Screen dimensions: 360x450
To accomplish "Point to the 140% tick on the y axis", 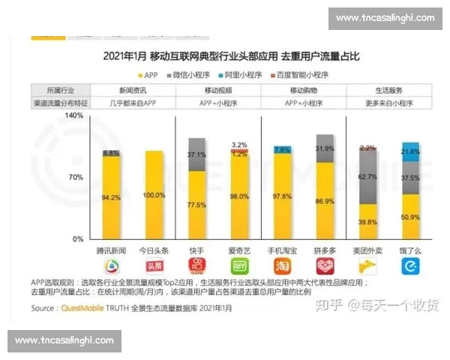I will (73, 116).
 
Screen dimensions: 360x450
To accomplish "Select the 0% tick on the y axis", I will (78, 239).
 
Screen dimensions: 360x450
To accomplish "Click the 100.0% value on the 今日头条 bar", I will (154, 196).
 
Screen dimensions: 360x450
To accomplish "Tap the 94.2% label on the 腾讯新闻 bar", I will (111, 198).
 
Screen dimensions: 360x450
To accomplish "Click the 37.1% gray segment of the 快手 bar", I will (197, 154).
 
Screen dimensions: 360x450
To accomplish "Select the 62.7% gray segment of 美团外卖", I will (367, 177).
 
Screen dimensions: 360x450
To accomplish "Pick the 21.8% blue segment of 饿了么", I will (410, 152).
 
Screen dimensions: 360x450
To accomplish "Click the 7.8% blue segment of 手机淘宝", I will (283, 150).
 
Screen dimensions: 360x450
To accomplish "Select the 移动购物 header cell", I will (303, 88).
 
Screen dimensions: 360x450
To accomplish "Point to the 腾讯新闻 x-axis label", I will (111, 248).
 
